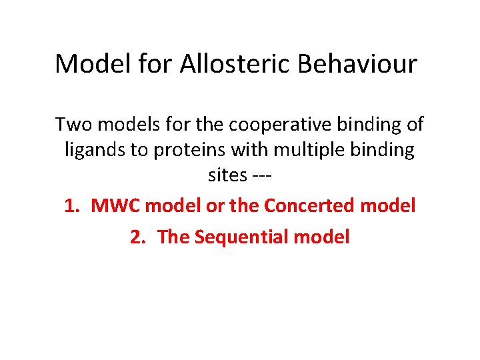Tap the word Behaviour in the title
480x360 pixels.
[x=357, y=64]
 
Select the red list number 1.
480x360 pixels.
[x=71, y=206]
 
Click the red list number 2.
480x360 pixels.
[x=137, y=237]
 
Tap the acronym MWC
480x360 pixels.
[x=115, y=206]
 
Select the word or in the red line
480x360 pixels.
[x=215, y=206]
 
